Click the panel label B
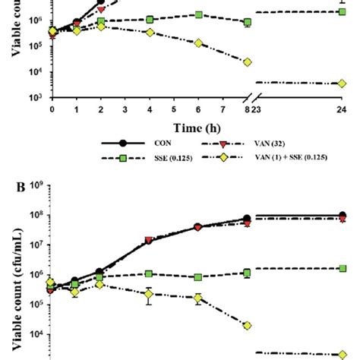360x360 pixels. tap(8, 185)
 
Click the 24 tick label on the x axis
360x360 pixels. tap(340, 109)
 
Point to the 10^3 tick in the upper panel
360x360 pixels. tap(38, 98)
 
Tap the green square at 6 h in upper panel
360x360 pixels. tap(199, 15)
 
